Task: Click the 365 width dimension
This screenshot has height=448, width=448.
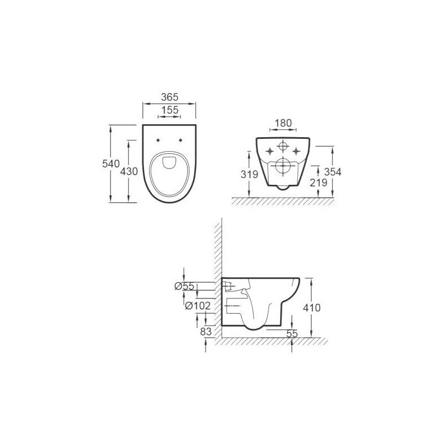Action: point(170,97)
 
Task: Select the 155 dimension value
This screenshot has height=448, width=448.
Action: point(170,110)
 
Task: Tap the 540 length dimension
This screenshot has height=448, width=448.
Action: point(111,164)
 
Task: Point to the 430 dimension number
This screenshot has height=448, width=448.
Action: point(129,171)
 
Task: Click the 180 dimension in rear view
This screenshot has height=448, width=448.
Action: point(283,123)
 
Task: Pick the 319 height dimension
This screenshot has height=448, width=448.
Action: point(249,174)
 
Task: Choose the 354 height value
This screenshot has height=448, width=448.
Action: point(333,172)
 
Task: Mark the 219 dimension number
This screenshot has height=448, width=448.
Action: point(318,183)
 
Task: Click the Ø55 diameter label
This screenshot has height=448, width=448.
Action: point(185,286)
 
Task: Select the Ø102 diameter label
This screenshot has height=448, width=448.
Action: point(198,306)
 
